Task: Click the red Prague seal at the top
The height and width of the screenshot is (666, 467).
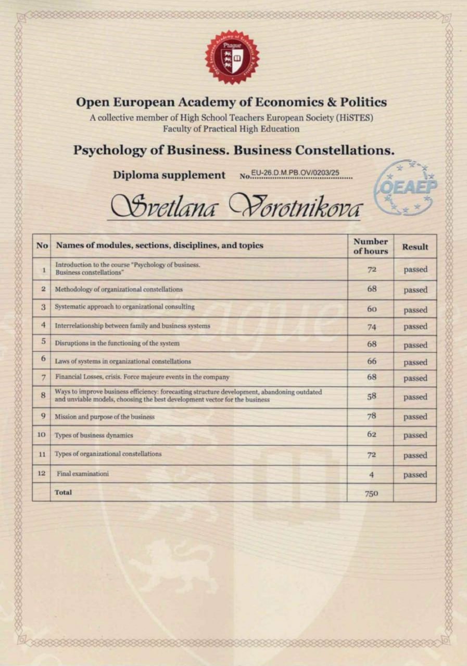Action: click(x=232, y=57)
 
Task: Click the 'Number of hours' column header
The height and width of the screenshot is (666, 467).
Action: click(x=371, y=246)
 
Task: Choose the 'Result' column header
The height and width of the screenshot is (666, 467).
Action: click(x=415, y=247)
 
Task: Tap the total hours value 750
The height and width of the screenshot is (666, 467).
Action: click(x=371, y=494)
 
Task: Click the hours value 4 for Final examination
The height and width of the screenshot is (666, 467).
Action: click(x=371, y=475)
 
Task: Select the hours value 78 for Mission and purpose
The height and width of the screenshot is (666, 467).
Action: click(x=371, y=416)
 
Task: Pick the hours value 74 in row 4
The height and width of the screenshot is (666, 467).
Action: click(x=371, y=327)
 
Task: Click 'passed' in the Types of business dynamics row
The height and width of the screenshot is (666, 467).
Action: click(x=415, y=435)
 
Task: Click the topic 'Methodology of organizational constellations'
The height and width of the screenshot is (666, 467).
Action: click(x=119, y=289)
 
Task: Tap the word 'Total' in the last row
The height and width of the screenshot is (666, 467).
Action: click(x=64, y=492)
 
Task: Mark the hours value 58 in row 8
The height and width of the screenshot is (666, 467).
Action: click(x=371, y=396)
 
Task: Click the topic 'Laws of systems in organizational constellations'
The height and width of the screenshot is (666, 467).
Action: click(x=123, y=361)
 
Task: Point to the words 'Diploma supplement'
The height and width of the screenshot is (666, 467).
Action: click(x=169, y=175)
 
